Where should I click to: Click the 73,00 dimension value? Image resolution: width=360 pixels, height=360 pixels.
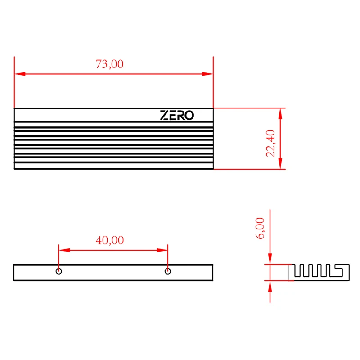109,64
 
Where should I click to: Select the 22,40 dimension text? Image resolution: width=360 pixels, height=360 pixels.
270,143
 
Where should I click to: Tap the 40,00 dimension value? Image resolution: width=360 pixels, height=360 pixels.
109,240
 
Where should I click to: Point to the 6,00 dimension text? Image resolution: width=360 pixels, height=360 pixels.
261,228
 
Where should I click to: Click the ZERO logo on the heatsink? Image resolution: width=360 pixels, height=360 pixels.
177,116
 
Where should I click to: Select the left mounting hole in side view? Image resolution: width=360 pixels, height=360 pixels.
59,271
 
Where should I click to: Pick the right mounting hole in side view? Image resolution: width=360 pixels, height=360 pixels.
167,271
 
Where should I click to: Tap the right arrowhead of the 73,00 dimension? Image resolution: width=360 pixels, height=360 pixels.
208,74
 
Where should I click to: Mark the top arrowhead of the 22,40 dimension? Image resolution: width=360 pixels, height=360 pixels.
281,113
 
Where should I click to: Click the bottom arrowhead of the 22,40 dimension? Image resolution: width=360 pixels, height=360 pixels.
281,164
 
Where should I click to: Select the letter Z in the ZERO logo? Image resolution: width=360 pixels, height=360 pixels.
164,116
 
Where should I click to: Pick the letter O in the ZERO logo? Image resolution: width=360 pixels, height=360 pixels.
189,116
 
